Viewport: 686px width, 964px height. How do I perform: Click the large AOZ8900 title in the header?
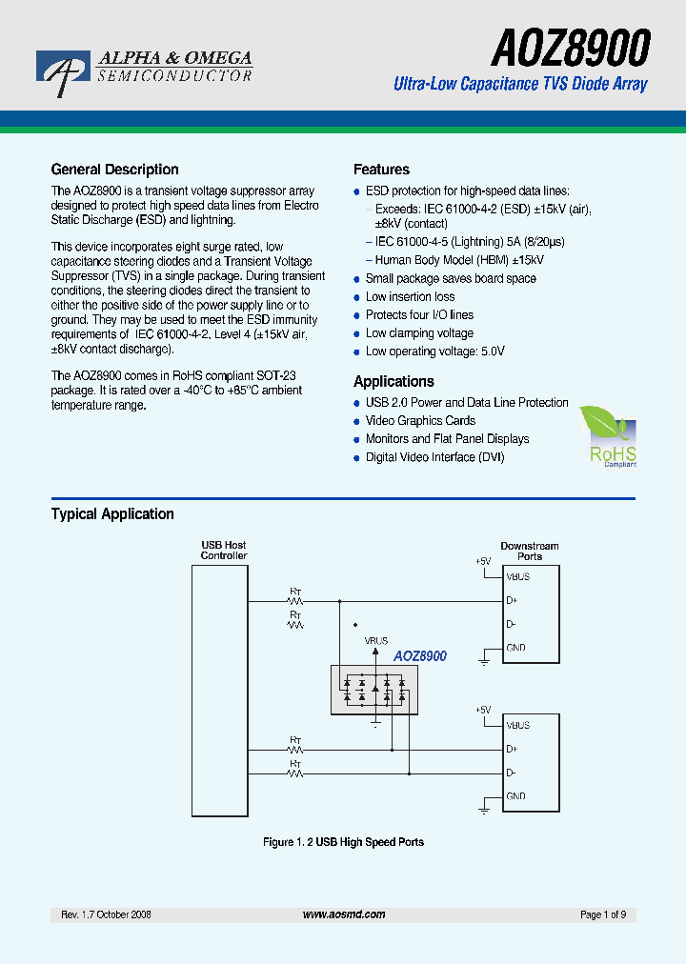571,48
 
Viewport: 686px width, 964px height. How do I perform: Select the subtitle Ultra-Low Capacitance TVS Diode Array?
520,84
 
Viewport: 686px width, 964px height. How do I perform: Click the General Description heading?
114,170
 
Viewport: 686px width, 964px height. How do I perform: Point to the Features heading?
381,170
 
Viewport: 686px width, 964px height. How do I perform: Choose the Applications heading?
393,381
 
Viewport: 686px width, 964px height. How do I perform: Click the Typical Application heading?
112,513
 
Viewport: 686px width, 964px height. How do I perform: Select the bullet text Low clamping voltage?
419,333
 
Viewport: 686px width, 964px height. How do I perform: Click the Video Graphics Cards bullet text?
420,421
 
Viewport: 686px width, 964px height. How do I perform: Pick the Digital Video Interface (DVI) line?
434,457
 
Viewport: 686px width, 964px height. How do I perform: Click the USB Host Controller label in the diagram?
224,551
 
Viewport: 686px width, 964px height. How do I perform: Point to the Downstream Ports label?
530,551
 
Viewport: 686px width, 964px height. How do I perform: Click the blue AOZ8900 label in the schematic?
420,656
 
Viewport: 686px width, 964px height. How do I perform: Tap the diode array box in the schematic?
374,690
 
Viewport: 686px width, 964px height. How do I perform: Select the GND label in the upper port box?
515,648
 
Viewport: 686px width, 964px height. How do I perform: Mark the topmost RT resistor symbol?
295,601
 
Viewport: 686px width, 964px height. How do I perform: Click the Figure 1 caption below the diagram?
343,842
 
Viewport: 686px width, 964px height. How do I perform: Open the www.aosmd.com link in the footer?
344,914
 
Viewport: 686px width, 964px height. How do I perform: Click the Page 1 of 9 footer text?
602,914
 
